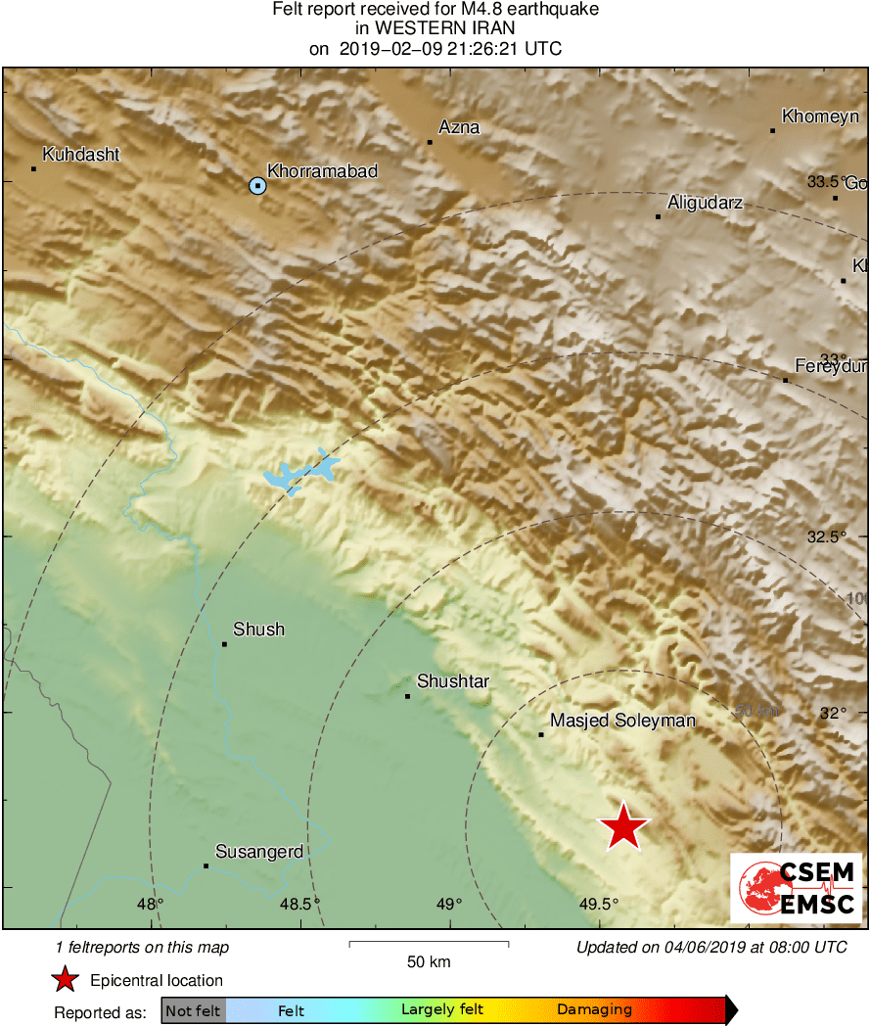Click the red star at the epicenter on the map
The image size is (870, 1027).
tap(623, 827)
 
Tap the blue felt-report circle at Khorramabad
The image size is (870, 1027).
tap(257, 185)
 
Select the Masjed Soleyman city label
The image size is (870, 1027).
tap(622, 721)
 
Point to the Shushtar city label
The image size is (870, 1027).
tap(453, 681)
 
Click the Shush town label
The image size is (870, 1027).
tap(258, 630)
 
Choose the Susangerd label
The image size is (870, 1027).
tap(258, 852)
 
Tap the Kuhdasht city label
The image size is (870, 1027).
tap(81, 155)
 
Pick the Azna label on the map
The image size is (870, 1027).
tap(459, 127)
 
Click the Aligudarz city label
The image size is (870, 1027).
tap(705, 204)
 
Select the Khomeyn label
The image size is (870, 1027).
tap(820, 117)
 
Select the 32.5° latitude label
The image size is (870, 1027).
tap(826, 537)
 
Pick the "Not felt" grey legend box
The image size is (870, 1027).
tap(193, 1010)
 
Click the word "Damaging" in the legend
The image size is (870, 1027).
tap(594, 1009)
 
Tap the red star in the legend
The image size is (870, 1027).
tap(65, 979)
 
